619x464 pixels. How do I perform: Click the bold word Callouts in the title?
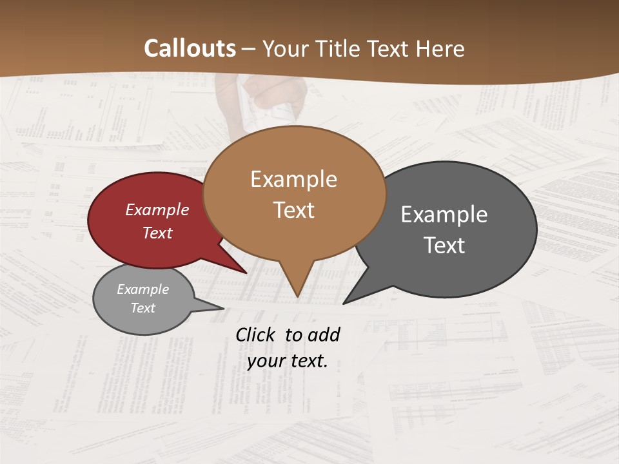[190, 48]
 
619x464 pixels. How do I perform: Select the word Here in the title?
[441, 48]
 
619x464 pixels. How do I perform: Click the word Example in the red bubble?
[157, 209]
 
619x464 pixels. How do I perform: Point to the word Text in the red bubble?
[157, 233]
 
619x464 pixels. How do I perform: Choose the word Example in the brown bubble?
[293, 179]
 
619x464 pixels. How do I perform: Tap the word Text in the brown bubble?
[293, 210]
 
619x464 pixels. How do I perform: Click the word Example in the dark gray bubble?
[444, 214]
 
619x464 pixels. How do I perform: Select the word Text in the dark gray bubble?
[444, 245]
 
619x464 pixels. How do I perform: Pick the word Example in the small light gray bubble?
[143, 289]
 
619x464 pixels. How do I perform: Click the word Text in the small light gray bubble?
[143, 308]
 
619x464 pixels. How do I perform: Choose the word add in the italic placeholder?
[324, 334]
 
